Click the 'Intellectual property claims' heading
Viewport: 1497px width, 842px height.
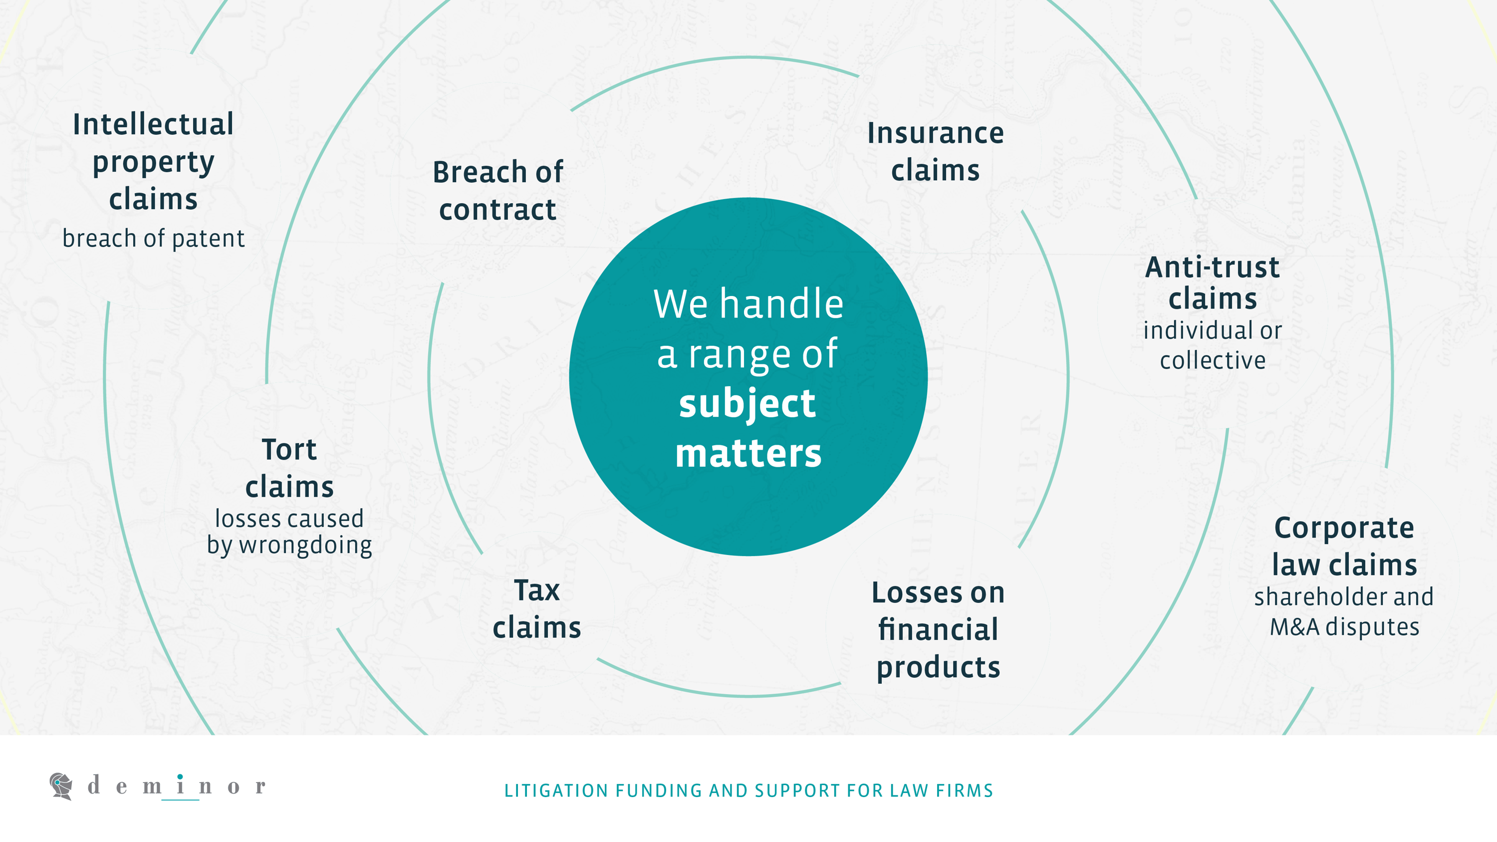point(153,162)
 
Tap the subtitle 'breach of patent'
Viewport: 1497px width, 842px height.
point(153,238)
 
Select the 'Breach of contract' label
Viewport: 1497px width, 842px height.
point(498,191)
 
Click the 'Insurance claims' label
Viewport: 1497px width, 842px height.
point(936,152)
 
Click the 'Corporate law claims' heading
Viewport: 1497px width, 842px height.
point(1344,546)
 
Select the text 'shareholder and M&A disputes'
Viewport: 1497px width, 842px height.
point(1344,612)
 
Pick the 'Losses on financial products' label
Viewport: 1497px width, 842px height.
point(939,630)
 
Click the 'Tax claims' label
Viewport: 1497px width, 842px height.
point(537,609)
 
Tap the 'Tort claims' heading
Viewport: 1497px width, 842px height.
point(289,468)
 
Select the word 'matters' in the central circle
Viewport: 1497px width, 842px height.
point(748,453)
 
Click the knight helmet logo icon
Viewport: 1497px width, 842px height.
point(61,786)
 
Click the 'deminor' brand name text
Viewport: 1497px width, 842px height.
point(177,786)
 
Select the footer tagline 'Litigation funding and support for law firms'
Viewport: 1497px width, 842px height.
point(748,791)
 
